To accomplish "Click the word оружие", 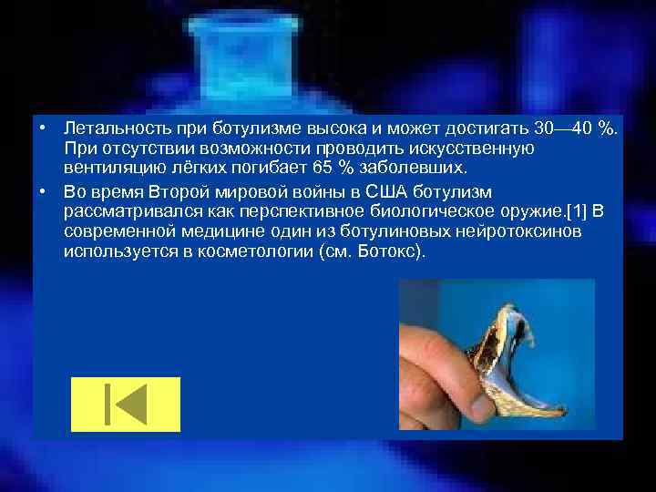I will (514, 211).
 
